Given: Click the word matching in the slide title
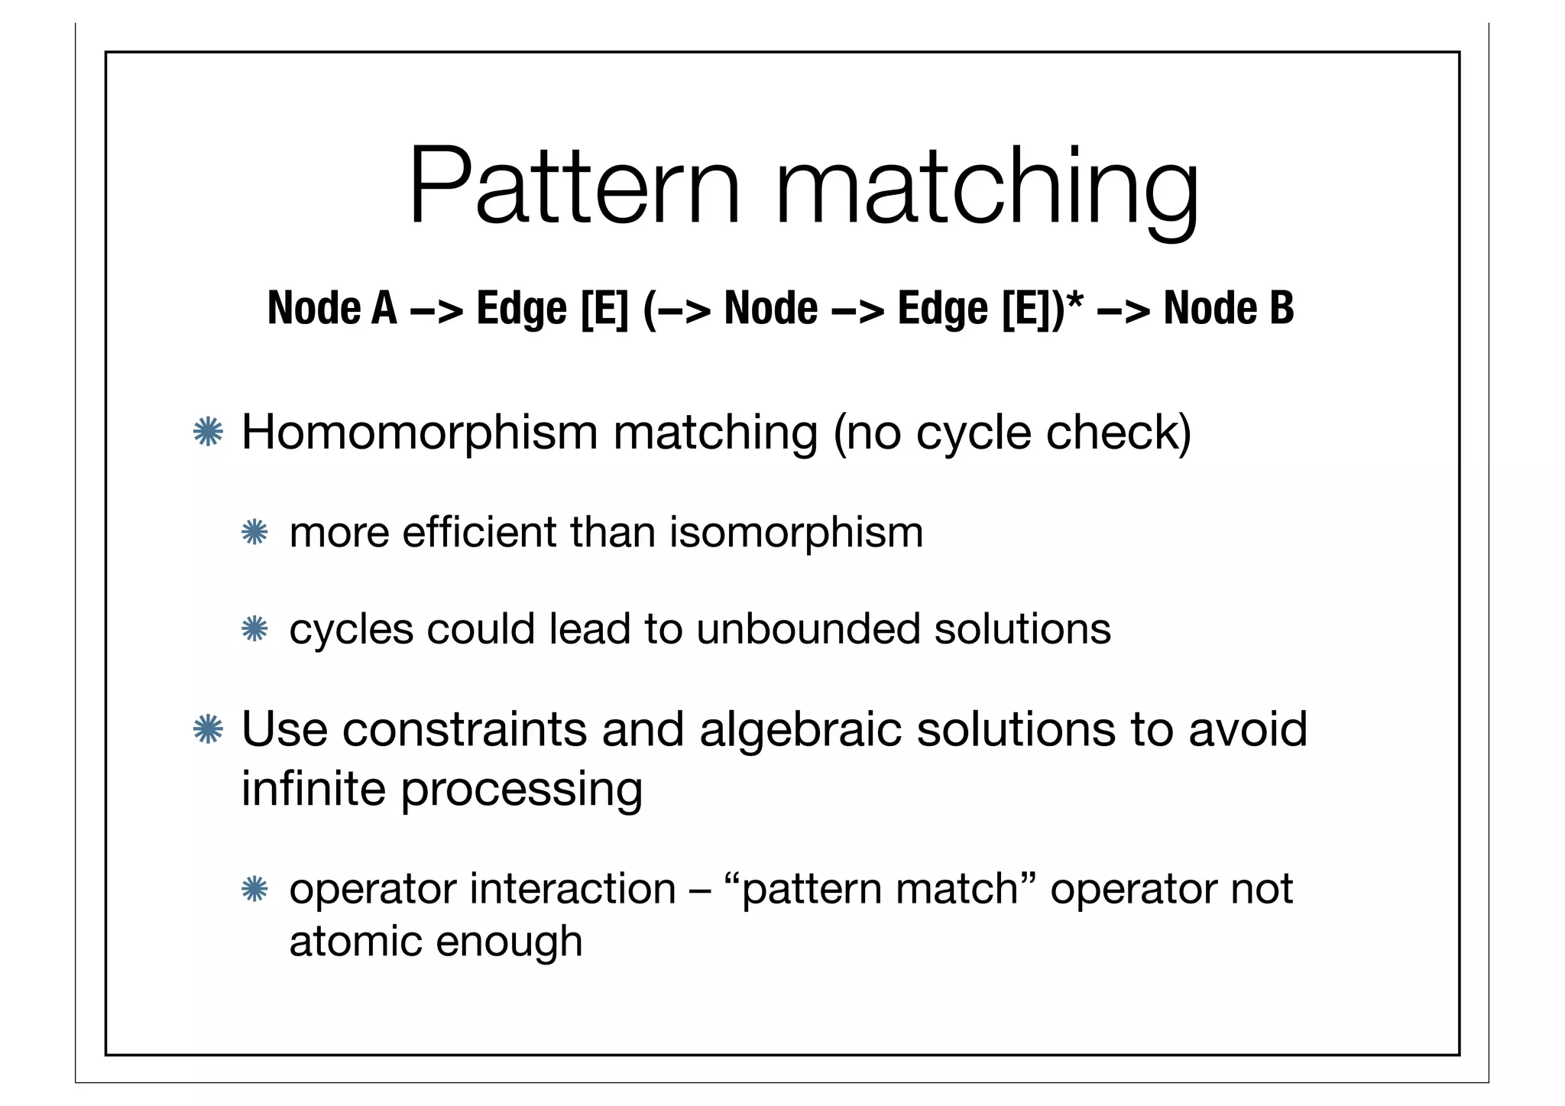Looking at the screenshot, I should [x=986, y=191].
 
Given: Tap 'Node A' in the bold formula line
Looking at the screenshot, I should [x=332, y=309].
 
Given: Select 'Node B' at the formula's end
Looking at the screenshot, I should [x=1229, y=309].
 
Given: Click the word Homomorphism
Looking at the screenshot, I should [x=419, y=433].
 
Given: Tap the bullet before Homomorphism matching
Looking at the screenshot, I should [x=208, y=433].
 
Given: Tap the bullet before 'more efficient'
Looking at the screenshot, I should [x=254, y=533].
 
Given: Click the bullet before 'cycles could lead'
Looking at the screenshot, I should [x=254, y=630].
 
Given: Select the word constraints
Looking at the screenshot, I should [x=464, y=729].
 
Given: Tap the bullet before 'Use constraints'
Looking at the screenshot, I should [x=208, y=729].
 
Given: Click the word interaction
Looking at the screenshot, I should [x=572, y=889].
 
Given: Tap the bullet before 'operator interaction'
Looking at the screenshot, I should [x=254, y=889].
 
